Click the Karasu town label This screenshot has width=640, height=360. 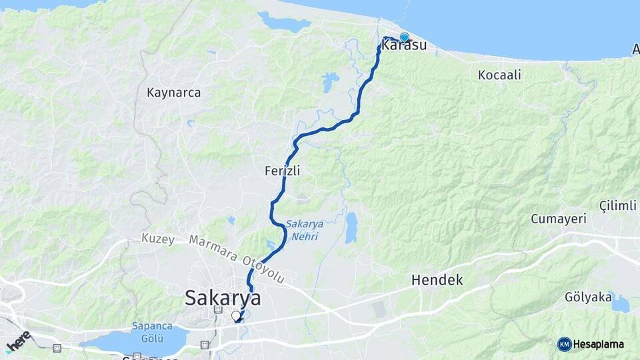(x=404, y=46)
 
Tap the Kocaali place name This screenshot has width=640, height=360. (x=499, y=75)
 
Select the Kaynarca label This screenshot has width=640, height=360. (x=173, y=93)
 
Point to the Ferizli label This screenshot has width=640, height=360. (x=283, y=171)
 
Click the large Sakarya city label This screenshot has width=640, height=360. (x=223, y=297)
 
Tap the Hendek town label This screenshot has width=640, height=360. (x=437, y=279)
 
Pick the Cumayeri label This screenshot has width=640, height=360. (x=558, y=219)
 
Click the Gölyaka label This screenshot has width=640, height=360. (x=588, y=297)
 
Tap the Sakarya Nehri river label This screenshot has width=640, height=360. (x=305, y=229)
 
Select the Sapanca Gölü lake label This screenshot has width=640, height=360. (x=153, y=332)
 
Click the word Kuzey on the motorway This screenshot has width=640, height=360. (x=158, y=239)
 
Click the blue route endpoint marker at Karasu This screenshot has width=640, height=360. (x=405, y=37)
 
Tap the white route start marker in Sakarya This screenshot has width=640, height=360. (x=235, y=316)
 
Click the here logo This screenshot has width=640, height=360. (x=19, y=341)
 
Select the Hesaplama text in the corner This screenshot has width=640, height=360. (x=599, y=344)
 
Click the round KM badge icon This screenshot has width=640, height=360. (x=565, y=344)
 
